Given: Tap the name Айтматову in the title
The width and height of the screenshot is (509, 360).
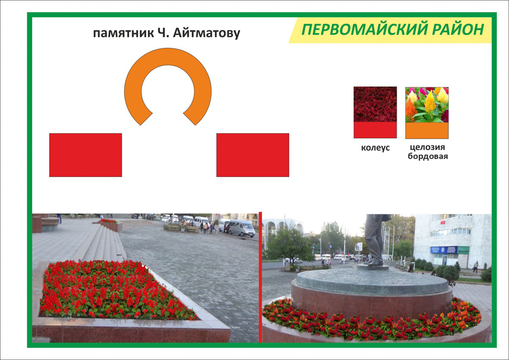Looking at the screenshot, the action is (x=206, y=33).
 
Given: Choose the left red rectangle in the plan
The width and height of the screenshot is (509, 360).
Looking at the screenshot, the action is (x=86, y=155).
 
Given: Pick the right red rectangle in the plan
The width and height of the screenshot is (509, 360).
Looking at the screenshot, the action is (x=253, y=155).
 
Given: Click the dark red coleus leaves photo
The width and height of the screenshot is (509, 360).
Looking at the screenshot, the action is (x=375, y=104).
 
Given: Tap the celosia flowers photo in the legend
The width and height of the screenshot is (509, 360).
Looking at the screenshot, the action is (x=427, y=105).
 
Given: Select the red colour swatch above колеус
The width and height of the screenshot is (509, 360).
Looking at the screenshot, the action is (x=375, y=130).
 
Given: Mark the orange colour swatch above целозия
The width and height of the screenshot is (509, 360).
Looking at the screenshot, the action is (x=427, y=131).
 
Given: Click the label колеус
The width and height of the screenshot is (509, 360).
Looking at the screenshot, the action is (x=375, y=148).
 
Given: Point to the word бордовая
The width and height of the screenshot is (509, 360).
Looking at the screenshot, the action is (x=428, y=156).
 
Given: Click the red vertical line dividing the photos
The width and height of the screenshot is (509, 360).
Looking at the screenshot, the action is (x=261, y=277).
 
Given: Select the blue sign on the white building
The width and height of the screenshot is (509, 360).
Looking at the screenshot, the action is (x=444, y=249).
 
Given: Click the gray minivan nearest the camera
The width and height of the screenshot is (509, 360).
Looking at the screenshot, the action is (x=242, y=228).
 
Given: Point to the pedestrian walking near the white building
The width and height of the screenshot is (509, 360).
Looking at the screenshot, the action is (x=475, y=267).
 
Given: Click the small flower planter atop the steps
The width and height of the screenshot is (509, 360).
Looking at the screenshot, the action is (x=111, y=225).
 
